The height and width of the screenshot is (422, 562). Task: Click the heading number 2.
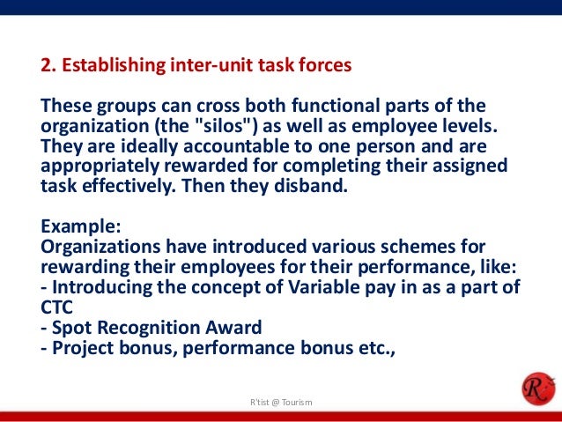click(x=48, y=66)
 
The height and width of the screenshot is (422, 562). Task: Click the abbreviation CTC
click(x=57, y=307)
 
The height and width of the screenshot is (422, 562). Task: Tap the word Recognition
click(x=151, y=328)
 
